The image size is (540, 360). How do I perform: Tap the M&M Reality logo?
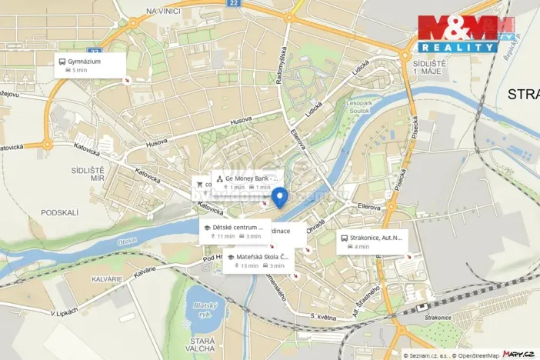(465, 34)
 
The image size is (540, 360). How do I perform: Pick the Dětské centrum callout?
(234, 232)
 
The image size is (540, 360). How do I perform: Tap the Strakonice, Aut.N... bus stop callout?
(372, 242)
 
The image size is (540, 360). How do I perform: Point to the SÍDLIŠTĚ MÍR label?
(108, 172)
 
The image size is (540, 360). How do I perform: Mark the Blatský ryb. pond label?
(203, 309)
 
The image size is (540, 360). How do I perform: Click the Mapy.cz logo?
(518, 353)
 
